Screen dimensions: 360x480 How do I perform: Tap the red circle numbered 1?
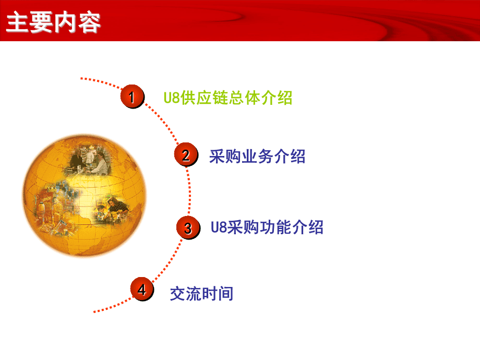[132, 97]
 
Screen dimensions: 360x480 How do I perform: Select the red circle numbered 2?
[186, 155]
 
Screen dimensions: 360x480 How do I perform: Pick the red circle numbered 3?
[188, 228]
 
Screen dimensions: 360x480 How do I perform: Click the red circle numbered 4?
[142, 290]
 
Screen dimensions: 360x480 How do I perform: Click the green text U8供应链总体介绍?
[227, 98]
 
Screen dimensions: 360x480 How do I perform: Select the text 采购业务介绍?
[257, 156]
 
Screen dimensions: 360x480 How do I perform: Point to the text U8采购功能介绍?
[267, 227]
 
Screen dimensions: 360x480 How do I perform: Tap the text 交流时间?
[201, 294]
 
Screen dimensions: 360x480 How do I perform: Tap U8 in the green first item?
[172, 98]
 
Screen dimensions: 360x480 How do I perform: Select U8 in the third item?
[218, 228]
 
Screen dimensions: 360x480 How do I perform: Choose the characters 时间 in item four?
[218, 294]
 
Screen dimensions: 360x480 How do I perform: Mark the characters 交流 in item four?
[186, 294]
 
